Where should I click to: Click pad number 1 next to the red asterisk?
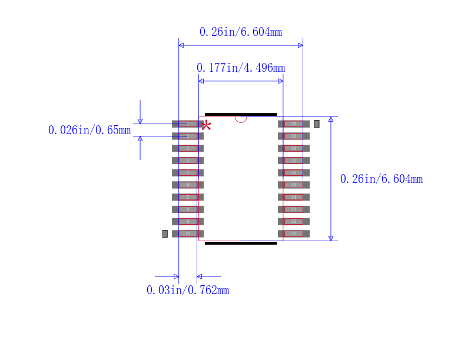(x=188, y=124)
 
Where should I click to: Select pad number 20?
(x=293, y=124)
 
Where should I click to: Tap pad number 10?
(x=188, y=234)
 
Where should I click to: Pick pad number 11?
(x=293, y=234)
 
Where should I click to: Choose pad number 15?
(x=293, y=185)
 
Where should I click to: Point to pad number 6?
(x=188, y=185)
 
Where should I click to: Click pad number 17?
(x=293, y=161)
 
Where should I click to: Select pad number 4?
(x=188, y=161)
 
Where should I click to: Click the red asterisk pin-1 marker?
(x=207, y=125)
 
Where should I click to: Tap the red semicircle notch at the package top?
(x=240, y=119)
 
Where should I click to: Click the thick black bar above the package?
(x=240, y=114)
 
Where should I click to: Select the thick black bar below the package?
(x=240, y=242)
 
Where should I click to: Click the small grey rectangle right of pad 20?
(x=317, y=124)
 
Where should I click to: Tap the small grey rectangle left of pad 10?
(x=165, y=234)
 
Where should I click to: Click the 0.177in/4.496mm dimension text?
(x=240, y=68)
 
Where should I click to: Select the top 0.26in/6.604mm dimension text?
(x=240, y=32)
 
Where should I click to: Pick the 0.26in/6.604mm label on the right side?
(x=381, y=179)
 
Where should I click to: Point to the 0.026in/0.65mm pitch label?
(x=89, y=130)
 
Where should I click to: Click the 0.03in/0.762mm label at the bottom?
(x=187, y=289)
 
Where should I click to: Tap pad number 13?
(x=293, y=209)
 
